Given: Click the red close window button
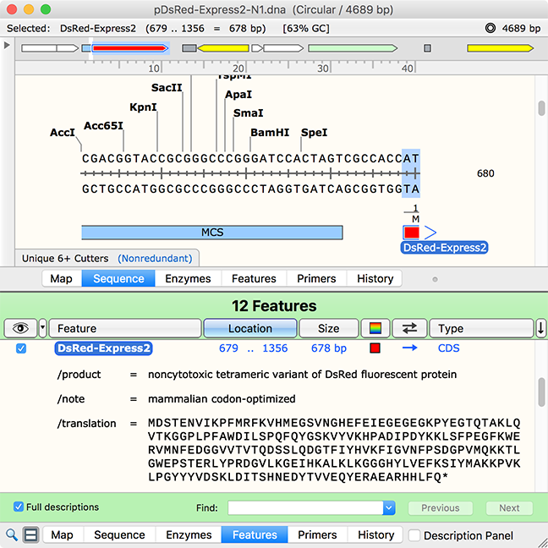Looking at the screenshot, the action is [x=12, y=9].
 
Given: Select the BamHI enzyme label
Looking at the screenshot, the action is [x=270, y=133].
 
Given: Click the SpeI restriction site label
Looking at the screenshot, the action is [x=315, y=133].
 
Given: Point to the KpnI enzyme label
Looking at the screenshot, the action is [x=143, y=107].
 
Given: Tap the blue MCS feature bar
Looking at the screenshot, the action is [x=212, y=233].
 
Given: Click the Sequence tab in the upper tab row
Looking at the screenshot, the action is [x=118, y=278].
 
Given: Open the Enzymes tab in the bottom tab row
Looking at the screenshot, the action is [x=189, y=534].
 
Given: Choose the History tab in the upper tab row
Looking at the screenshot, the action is [x=375, y=278].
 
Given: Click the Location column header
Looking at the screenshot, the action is [x=250, y=328].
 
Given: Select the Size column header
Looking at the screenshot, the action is [x=328, y=328].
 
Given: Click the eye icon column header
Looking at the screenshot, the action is [x=20, y=328].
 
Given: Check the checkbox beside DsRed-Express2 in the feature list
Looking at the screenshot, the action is [x=21, y=348].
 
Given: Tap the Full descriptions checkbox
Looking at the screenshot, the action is [x=18, y=507].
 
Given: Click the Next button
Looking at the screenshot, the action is [x=509, y=507].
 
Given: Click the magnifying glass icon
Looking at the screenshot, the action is [x=12, y=535].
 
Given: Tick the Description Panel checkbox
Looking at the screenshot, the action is [x=414, y=535].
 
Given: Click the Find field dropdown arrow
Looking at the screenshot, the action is [x=389, y=507].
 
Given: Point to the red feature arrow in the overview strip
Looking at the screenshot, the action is [x=129, y=48].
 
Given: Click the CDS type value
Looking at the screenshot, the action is [x=449, y=348].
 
